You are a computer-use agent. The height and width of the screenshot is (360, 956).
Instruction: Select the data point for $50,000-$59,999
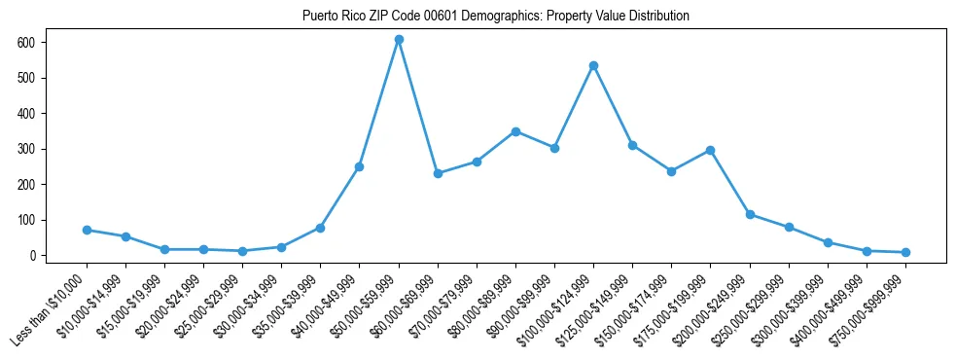399,40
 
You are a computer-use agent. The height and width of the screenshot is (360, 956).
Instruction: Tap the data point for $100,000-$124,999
593,65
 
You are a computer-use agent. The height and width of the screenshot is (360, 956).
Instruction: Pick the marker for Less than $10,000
87,230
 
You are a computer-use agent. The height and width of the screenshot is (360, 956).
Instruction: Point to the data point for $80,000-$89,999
515,131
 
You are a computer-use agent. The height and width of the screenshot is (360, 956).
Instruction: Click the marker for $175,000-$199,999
711,150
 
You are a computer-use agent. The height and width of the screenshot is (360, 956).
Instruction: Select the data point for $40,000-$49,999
360,166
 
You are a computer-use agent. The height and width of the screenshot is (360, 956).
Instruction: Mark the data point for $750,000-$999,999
905,252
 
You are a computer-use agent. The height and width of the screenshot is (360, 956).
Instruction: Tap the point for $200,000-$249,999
750,214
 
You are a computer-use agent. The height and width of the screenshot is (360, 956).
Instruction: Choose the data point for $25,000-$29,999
242,251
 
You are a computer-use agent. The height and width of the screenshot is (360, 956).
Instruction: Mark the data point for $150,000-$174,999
671,171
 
